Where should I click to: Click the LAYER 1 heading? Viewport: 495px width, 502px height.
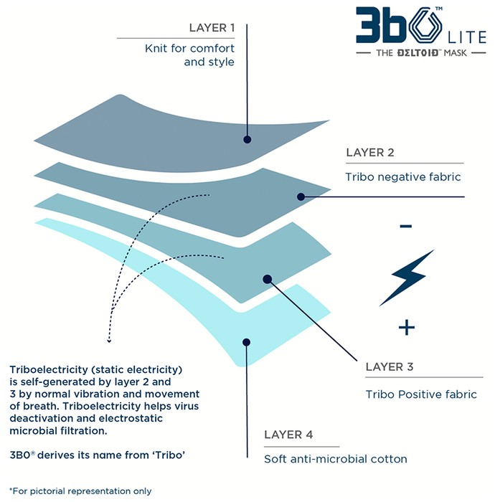tap(212, 28)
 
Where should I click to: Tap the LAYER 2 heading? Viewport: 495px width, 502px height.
tap(369, 152)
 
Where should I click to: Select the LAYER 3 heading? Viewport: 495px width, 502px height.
tap(390, 366)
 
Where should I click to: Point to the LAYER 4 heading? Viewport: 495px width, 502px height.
tap(288, 435)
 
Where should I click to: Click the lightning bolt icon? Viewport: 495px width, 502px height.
tap(407, 278)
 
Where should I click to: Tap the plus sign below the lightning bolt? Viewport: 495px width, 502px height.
tap(407, 328)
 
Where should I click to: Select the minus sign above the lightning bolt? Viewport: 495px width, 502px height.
tap(405, 227)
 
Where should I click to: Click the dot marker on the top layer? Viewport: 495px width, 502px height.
tap(247, 140)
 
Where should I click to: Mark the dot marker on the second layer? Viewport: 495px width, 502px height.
tap(301, 196)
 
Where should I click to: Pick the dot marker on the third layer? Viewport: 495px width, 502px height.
tap(268, 279)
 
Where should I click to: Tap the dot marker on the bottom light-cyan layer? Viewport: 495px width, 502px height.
tap(246, 342)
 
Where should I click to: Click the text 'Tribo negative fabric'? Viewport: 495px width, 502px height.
tap(402, 176)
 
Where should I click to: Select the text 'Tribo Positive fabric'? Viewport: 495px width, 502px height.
tap(421, 394)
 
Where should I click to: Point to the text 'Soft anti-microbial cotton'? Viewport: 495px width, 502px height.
tap(336, 459)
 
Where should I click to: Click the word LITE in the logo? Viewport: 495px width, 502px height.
tap(467, 37)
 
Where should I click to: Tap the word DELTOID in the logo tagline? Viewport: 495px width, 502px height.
tap(418, 52)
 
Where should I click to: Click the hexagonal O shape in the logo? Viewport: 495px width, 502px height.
tap(425, 25)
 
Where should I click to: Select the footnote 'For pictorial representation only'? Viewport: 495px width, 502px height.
tap(80, 491)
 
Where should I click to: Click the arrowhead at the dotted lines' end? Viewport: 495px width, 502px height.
tap(109, 341)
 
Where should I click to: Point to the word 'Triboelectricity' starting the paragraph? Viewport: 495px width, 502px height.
tap(49, 370)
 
